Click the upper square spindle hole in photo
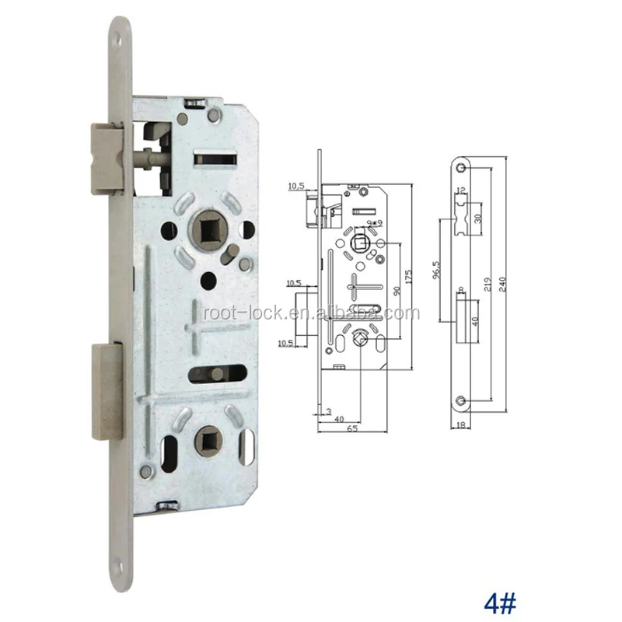point(208,229)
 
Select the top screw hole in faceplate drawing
point(462,169)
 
